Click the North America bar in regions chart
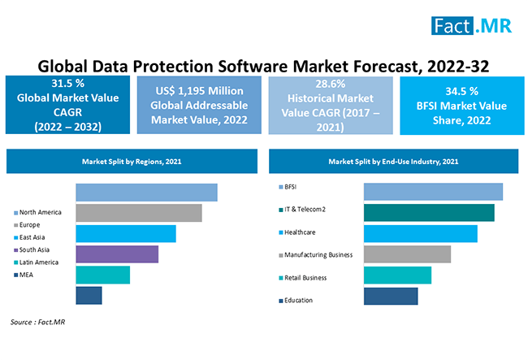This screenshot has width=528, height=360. coord(146,192)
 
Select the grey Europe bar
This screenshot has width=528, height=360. coord(138,213)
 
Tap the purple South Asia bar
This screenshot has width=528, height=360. coord(117,254)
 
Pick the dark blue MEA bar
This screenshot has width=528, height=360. coord(89,295)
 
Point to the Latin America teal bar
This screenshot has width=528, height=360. coord(102,275)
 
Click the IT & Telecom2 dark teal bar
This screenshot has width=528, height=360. coord(429,213)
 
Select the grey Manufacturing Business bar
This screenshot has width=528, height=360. coord(407,254)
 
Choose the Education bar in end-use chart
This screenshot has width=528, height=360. coord(390,296)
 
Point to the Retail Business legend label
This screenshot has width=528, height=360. coord(305,277)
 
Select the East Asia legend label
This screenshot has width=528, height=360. coord(34,237)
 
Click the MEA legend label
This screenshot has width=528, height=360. coord(27,275)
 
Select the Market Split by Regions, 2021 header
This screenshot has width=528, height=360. coord(132,162)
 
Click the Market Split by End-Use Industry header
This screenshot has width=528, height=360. coord(395,162)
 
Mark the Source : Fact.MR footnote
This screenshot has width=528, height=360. coord(37,323)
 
